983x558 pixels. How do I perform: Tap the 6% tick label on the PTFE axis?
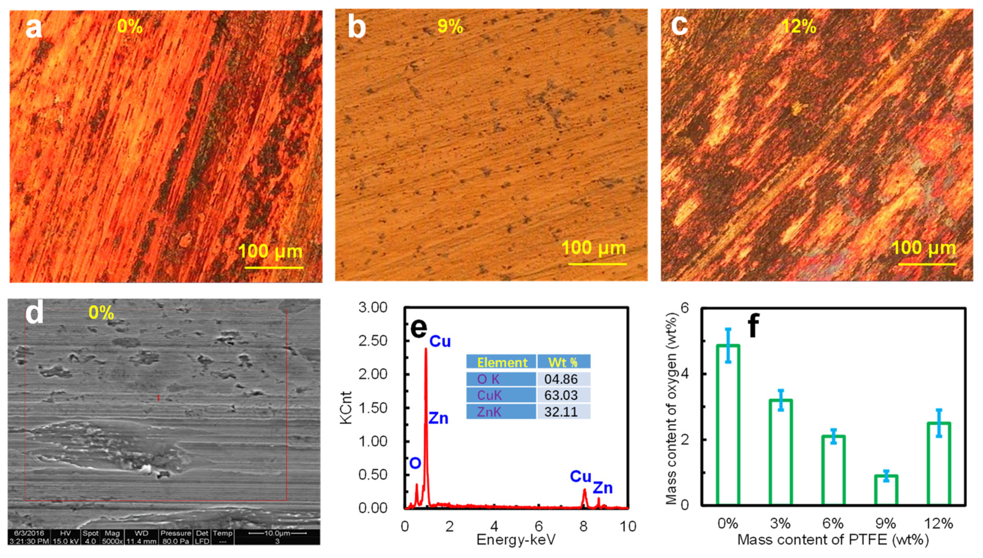click(x=833, y=523)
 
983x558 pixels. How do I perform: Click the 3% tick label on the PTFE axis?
click(x=780, y=523)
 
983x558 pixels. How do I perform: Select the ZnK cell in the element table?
click(x=489, y=411)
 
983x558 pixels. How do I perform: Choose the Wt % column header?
click(x=563, y=362)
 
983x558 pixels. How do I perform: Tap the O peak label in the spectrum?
click(x=415, y=463)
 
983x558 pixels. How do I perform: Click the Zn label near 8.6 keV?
click(x=603, y=488)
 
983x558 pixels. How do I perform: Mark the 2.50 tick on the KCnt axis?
click(x=373, y=341)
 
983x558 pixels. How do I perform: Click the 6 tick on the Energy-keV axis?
click(x=539, y=526)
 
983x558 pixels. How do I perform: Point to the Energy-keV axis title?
click(x=516, y=540)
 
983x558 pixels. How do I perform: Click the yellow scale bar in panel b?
click(x=597, y=264)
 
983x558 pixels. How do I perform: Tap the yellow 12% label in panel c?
click(x=798, y=26)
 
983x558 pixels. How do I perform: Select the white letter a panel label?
click(x=33, y=28)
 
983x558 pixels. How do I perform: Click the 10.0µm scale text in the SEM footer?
click(x=277, y=533)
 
